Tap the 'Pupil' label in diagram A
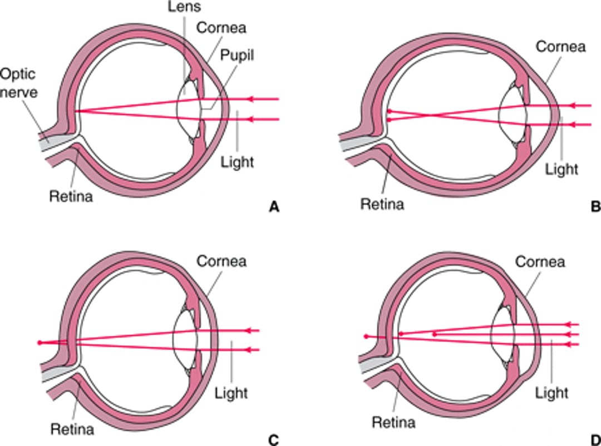click(237, 56)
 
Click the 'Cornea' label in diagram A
click(225, 27)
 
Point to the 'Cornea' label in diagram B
click(560, 47)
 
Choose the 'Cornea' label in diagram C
click(221, 260)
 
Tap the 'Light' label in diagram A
click(237, 162)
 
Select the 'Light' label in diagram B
click(562, 168)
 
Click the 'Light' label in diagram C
click(231, 393)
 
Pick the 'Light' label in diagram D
click(551, 393)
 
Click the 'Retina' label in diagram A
click(71, 196)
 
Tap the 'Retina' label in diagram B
click(382, 204)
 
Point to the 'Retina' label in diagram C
click(72, 429)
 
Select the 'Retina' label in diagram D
click(393, 422)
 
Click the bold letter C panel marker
click(273, 439)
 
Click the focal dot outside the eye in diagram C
click(38, 343)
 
